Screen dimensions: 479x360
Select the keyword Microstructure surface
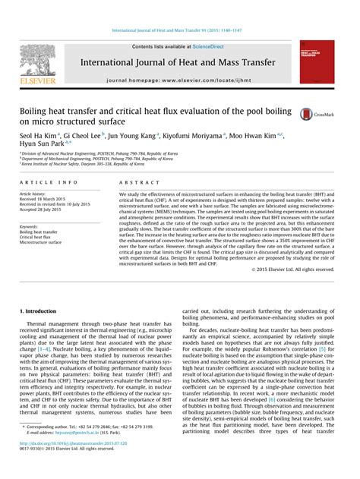click(41, 241)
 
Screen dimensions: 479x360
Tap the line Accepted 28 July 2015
click(44, 210)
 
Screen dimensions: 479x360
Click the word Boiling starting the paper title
click(33, 111)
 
